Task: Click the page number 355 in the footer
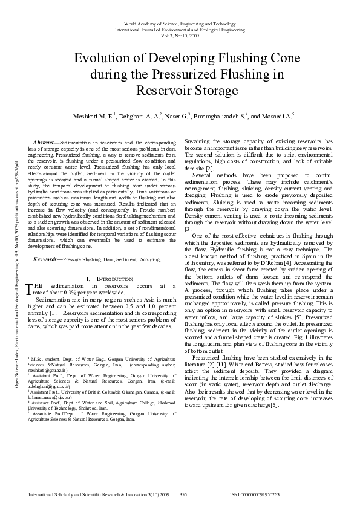183,494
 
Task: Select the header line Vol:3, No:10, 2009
180,36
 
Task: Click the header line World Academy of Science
180,21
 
